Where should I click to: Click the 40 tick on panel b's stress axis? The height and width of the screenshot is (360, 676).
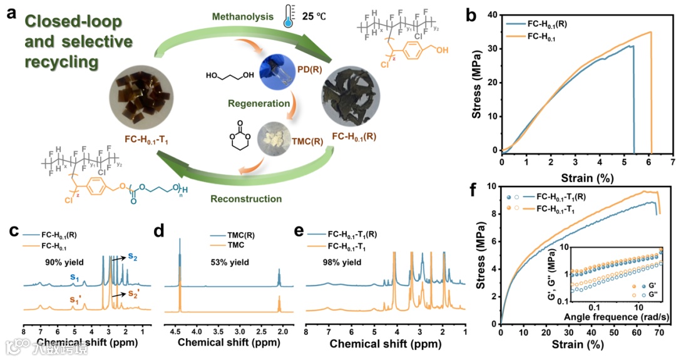[492, 14]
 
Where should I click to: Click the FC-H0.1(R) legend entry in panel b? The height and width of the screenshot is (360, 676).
[558, 24]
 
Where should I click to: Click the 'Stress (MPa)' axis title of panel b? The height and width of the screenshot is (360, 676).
[479, 81]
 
